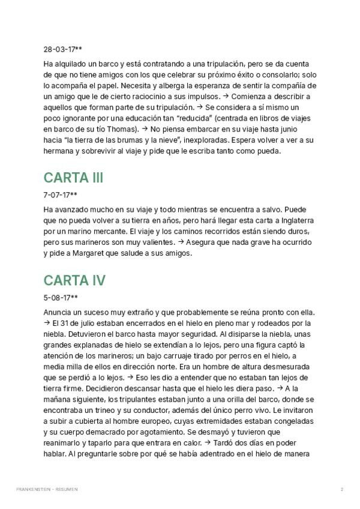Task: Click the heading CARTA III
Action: click(x=73, y=178)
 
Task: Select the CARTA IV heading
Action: click(x=74, y=280)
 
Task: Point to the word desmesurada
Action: click(x=279, y=366)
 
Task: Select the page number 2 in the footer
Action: click(x=341, y=489)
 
